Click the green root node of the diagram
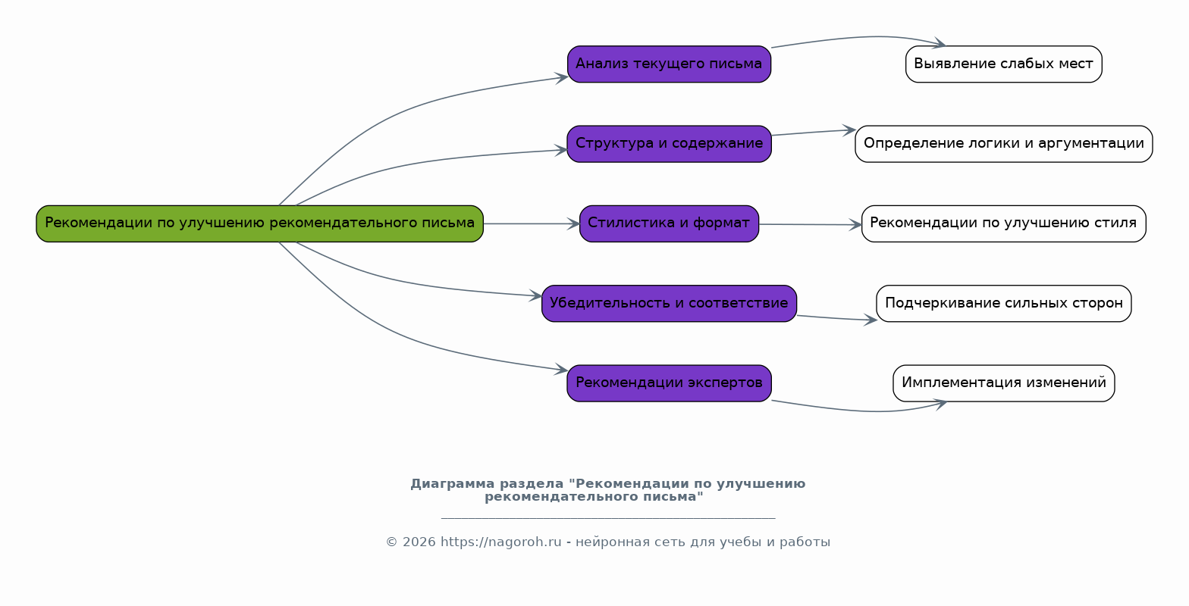click(x=259, y=223)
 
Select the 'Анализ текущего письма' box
click(x=669, y=64)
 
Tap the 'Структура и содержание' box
click(x=669, y=144)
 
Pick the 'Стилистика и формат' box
click(x=669, y=223)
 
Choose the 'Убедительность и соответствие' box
click(x=669, y=304)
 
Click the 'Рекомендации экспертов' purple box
click(x=669, y=383)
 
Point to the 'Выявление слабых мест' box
click(x=1003, y=64)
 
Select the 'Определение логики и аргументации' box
click(x=1003, y=144)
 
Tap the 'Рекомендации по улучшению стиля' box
click(x=1003, y=223)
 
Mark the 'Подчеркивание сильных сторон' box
click(x=1003, y=304)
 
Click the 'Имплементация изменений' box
click(x=1003, y=383)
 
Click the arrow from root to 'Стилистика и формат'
click(x=531, y=223)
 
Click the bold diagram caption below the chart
click(x=607, y=490)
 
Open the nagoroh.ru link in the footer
click(x=500, y=542)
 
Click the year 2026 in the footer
click(x=419, y=542)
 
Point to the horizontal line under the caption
click(x=607, y=518)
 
